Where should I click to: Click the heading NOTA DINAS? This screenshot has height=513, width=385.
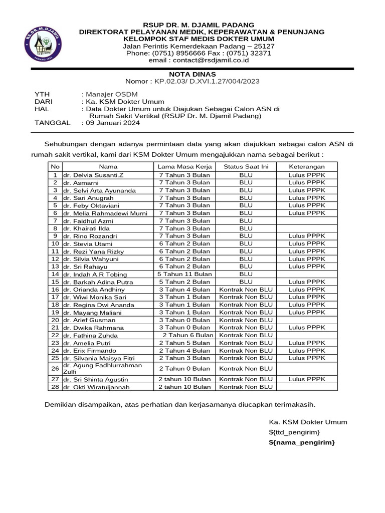click(x=192, y=74)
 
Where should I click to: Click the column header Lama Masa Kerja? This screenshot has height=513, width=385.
click(x=184, y=167)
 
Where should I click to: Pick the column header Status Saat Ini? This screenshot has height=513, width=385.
click(x=246, y=167)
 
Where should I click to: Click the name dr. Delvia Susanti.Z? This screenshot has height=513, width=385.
click(x=93, y=175)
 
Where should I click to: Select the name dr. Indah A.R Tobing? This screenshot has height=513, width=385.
click(x=95, y=275)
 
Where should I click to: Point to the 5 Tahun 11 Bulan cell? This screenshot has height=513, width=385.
click(x=184, y=274)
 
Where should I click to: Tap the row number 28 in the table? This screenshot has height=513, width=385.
click(x=55, y=387)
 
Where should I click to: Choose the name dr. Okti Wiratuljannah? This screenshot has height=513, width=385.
click(x=97, y=387)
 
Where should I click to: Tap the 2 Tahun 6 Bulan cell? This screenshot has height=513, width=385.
click(x=188, y=335)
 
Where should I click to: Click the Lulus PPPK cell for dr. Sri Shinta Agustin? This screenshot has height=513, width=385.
click(x=307, y=379)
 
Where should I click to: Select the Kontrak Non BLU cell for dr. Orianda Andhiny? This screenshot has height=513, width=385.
click(x=246, y=290)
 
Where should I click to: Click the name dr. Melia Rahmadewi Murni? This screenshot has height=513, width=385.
click(x=105, y=213)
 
